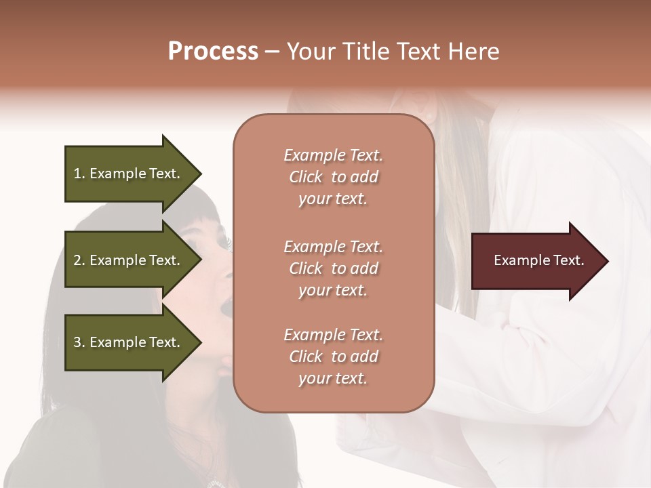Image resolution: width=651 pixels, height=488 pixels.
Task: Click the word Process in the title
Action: tap(213, 52)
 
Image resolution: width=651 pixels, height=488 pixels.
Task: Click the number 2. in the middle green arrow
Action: tap(79, 260)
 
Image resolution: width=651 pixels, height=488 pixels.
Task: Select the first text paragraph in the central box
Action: tap(333, 177)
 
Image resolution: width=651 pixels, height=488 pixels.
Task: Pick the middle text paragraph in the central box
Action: tap(333, 268)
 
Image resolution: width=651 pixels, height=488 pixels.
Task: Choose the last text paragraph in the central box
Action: tap(333, 357)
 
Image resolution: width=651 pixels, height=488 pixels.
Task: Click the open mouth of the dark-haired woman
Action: tap(228, 311)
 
